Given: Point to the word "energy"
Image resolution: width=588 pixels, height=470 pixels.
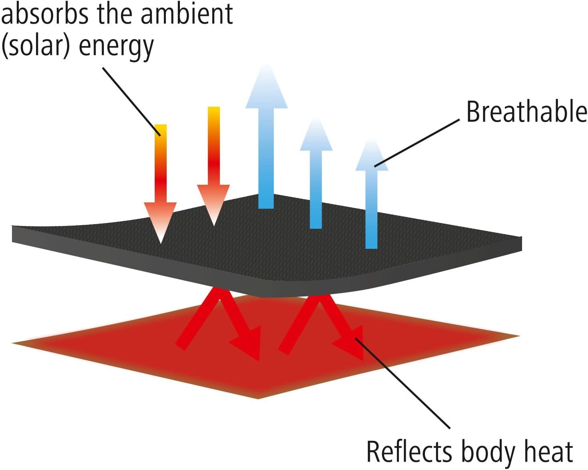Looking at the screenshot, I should [x=116, y=47].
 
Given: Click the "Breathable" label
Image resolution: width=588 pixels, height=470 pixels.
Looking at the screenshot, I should [x=526, y=112].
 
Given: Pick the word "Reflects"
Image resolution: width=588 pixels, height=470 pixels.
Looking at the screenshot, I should [x=409, y=452].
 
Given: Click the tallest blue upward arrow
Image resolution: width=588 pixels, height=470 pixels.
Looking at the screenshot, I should [x=266, y=140].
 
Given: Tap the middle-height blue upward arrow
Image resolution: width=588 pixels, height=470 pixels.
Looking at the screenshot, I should [x=316, y=176].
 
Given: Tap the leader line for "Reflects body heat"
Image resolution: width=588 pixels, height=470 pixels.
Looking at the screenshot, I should [x=404, y=384].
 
